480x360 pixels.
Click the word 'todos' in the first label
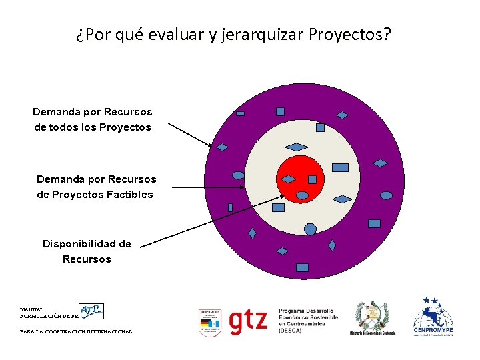pos(69,127)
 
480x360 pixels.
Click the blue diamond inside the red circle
pos(288,179)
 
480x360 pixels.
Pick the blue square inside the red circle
pos(312,179)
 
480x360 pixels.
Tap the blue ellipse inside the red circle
pos(302,195)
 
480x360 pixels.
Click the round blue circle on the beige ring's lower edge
pos(310,229)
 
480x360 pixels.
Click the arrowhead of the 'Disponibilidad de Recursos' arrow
pos(283,196)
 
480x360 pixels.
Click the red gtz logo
pos(248,321)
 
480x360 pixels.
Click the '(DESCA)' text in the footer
pos(291,330)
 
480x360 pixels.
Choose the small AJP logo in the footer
pos(91,311)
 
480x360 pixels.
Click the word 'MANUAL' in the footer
pos(32,310)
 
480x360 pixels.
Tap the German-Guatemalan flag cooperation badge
pos(209,323)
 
